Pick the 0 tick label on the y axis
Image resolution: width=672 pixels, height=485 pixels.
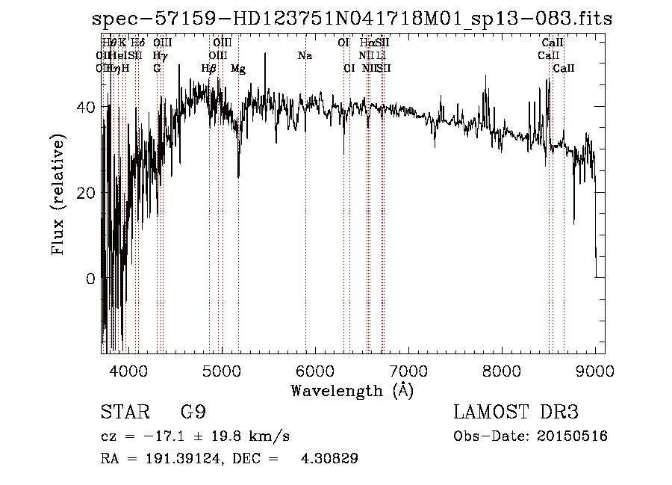pos(90,279)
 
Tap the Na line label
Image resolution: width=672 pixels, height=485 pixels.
pos(305,56)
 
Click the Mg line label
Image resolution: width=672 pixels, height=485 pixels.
pos(238,69)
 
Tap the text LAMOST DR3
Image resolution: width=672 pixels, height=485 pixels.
pos(516,413)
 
